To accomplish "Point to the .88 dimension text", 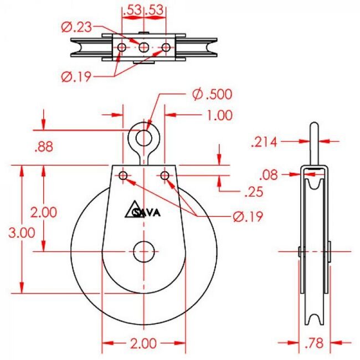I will tap(44, 147).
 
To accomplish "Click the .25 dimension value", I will tap(254, 192).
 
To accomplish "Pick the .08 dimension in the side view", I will tap(270, 175).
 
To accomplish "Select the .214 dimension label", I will tap(265, 142).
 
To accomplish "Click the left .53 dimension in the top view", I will tap(132, 9).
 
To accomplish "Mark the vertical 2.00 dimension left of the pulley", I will tap(43, 212).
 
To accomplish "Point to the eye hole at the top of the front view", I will tap(144, 136).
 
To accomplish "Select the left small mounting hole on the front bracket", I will tap(123, 176).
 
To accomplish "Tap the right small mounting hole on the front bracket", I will tap(165, 176).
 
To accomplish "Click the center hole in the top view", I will tap(144, 48).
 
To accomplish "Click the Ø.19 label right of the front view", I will tap(247, 217).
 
